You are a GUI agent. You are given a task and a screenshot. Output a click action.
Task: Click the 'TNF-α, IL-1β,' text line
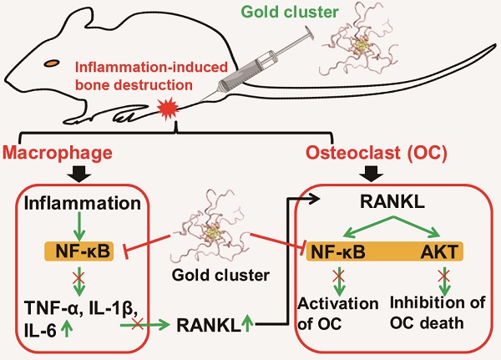tap(78, 307)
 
